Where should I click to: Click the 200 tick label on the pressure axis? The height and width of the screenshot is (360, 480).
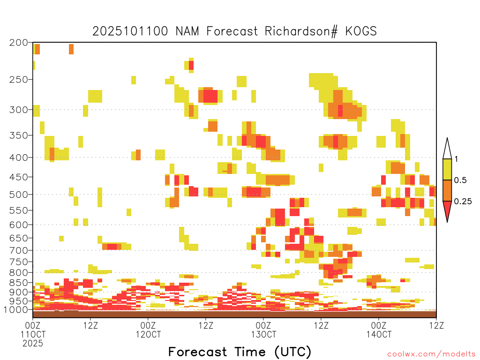[18, 43]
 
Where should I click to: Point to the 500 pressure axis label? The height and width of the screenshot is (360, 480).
[18, 195]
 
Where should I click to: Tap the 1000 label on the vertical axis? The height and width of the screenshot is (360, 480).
[15, 309]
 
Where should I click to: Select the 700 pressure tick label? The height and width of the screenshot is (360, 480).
[18, 250]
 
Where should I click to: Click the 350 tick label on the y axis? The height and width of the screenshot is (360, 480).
[18, 135]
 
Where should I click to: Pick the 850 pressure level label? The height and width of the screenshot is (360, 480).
[18, 283]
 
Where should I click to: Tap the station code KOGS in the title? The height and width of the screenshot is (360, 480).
[361, 31]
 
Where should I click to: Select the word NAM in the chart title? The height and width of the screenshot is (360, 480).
[187, 31]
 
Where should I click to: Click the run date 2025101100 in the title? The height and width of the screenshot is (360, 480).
[130, 31]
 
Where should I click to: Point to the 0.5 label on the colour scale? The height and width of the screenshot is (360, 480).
[460, 180]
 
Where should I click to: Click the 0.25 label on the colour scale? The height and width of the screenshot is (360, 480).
[463, 201]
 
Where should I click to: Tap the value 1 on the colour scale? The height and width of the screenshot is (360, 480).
[456, 159]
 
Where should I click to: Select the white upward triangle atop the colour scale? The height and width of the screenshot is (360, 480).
[447, 149]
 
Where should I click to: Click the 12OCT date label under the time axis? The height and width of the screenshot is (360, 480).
[148, 334]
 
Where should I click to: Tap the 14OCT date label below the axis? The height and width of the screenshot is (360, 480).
[379, 334]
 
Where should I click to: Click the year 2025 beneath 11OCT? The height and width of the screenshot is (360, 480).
[33, 343]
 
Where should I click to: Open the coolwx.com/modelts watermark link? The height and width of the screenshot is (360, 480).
[431, 354]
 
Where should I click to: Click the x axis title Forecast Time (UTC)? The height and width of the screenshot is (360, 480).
[240, 352]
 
